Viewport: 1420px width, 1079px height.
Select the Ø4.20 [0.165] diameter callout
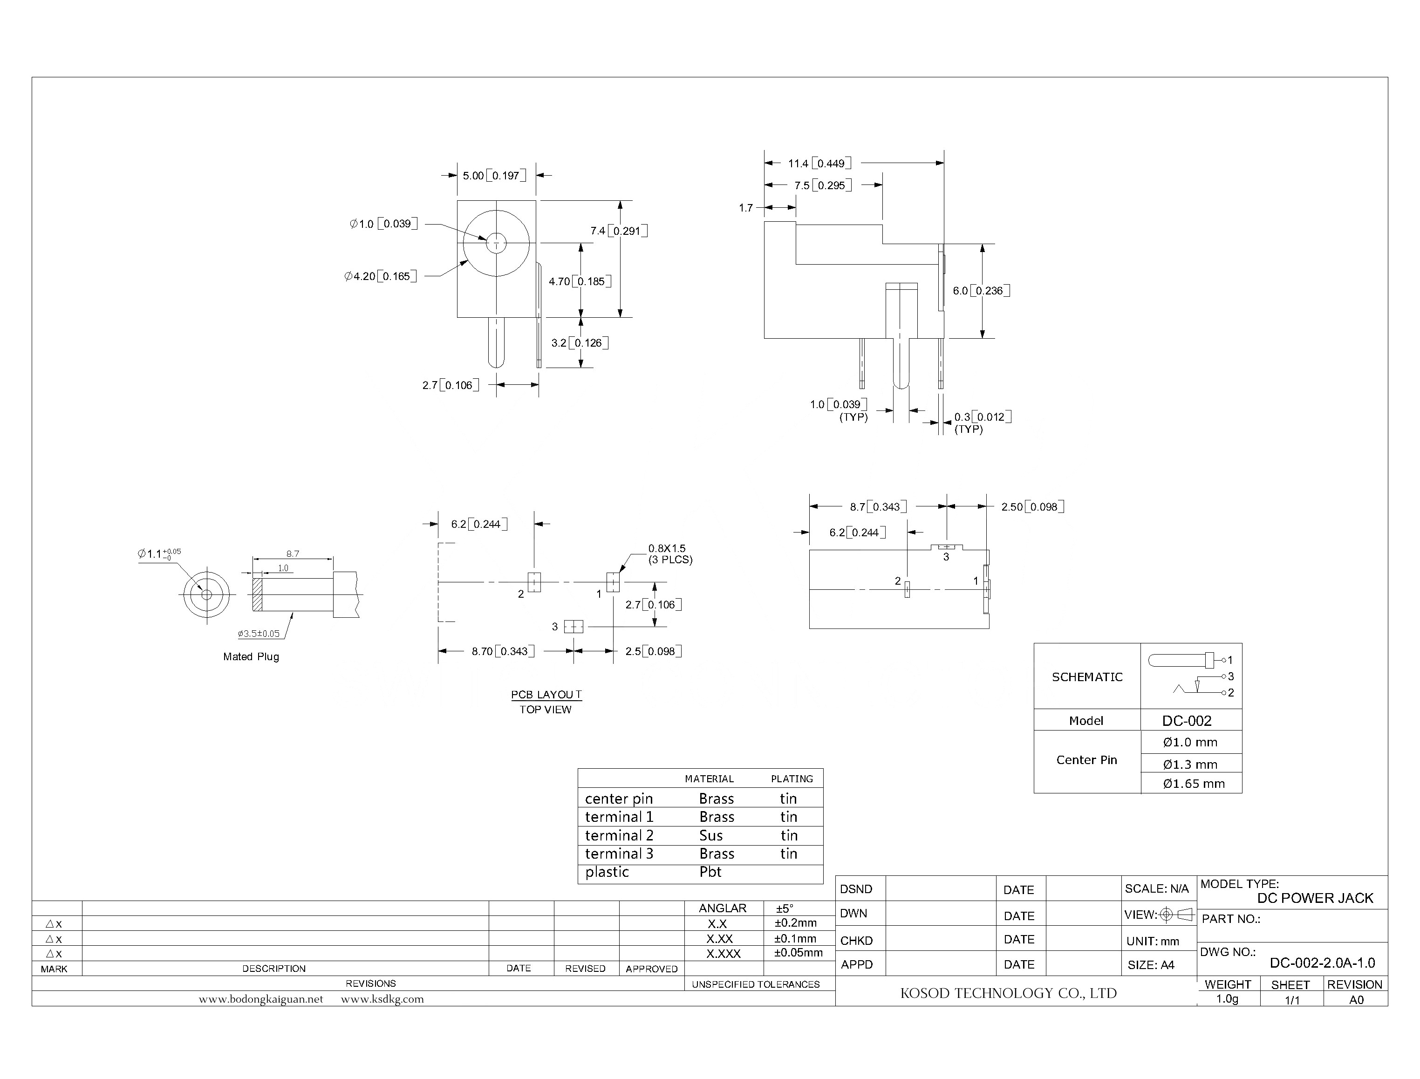(380, 276)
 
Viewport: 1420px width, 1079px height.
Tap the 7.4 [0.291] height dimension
(619, 231)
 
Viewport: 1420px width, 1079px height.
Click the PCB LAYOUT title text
(546, 694)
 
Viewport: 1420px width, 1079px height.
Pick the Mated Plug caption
(251, 656)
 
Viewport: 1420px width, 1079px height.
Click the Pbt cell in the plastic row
(710, 872)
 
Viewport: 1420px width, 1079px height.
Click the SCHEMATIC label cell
(1087, 677)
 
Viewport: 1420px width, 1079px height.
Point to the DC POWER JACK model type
(1315, 898)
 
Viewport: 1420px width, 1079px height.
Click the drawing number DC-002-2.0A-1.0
(1322, 963)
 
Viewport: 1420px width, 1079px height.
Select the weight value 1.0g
(1227, 999)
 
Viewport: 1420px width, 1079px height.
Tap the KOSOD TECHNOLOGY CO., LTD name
(1008, 993)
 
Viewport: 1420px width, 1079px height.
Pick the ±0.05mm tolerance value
(799, 952)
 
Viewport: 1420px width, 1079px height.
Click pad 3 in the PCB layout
(573, 626)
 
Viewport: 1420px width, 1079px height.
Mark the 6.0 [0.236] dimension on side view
(981, 291)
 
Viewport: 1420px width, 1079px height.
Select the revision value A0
(1356, 999)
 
